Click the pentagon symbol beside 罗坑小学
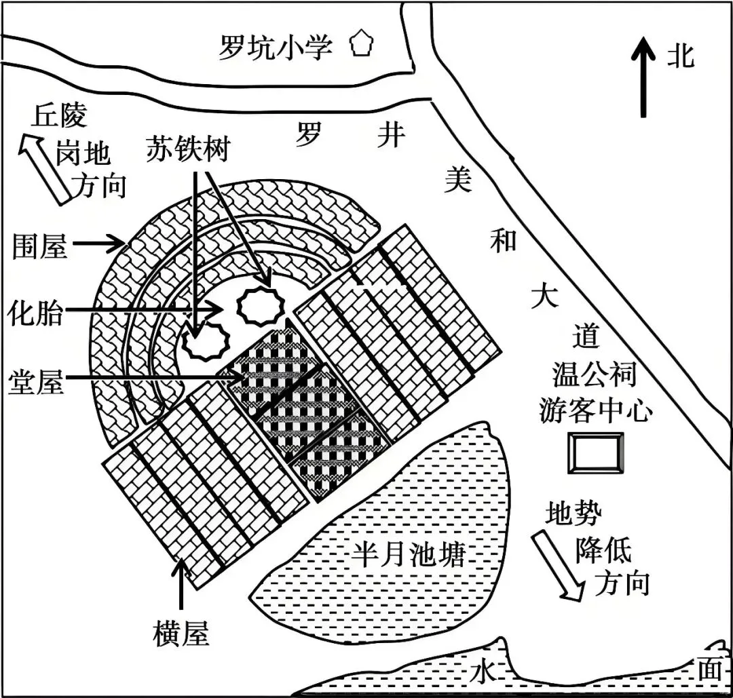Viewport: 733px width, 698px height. [x=361, y=45]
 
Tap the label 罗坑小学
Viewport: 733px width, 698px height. [x=275, y=47]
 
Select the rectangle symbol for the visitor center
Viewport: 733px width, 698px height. [x=595, y=452]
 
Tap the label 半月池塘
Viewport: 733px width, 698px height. [x=409, y=556]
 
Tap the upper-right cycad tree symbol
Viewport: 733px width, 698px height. [x=260, y=306]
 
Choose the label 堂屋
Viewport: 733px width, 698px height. [x=37, y=381]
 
